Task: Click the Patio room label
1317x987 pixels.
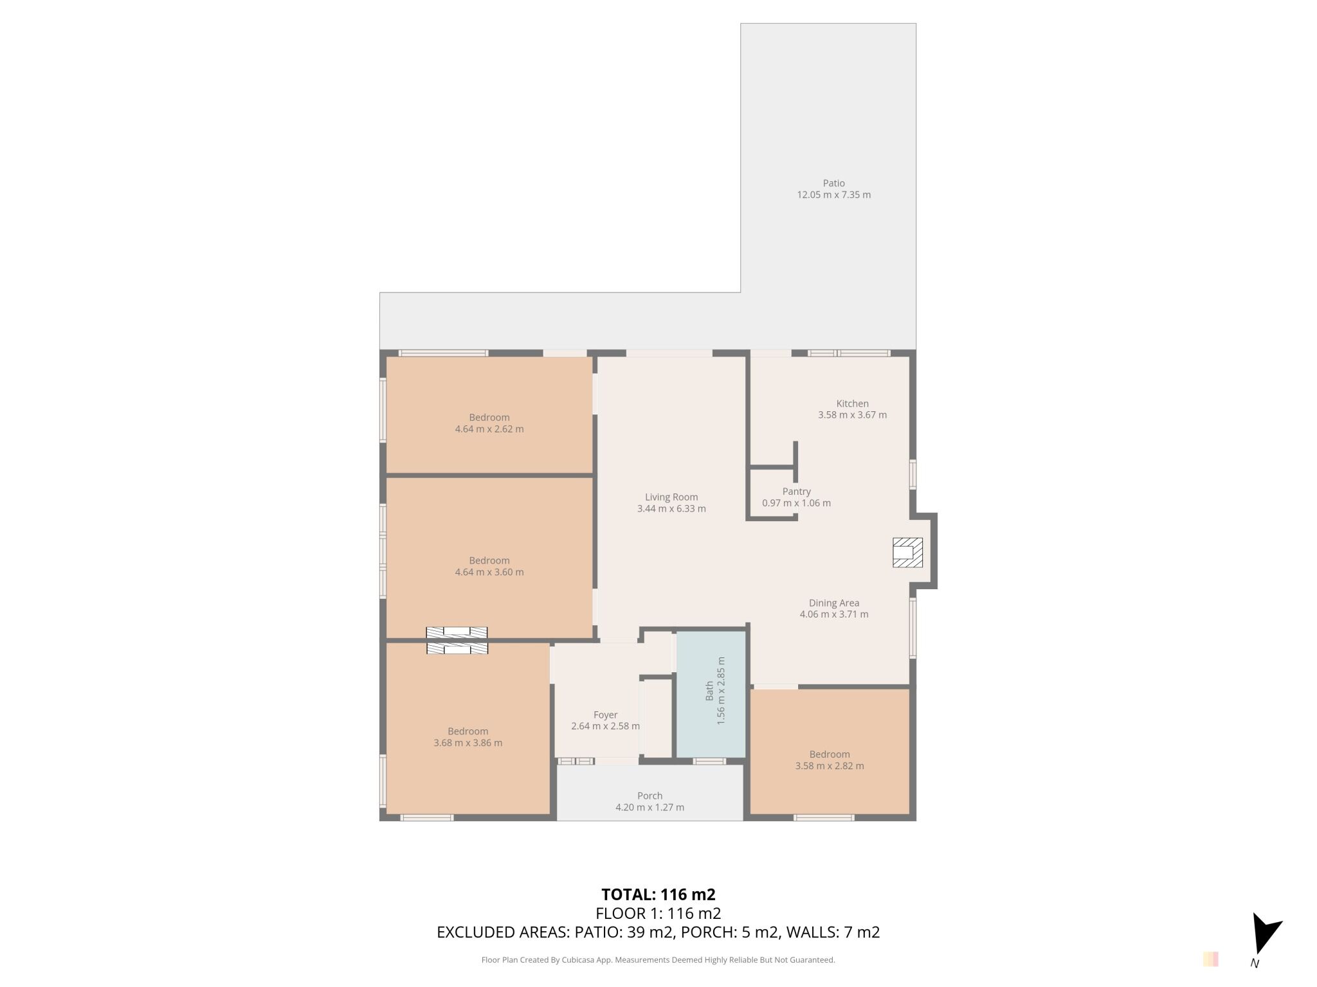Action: coord(833,183)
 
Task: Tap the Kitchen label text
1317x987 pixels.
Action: coord(852,404)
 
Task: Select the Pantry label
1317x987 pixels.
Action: coord(796,492)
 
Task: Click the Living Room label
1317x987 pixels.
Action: coord(671,497)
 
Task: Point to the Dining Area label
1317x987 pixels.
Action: coord(833,603)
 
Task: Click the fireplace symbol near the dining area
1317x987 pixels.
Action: coord(907,553)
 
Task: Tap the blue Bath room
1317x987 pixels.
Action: coord(711,695)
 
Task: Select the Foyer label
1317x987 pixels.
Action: coord(605,715)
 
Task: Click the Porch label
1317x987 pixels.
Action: coord(649,796)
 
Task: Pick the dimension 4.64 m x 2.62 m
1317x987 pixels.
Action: coord(489,429)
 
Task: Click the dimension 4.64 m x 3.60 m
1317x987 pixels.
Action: coord(489,572)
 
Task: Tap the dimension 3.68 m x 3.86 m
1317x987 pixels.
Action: coord(468,743)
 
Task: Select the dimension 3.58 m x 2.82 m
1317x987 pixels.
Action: coord(830,766)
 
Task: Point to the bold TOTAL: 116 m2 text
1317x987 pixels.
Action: coord(658,894)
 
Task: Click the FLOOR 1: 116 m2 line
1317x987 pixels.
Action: coord(658,913)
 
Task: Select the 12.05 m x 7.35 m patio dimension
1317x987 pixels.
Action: coord(833,195)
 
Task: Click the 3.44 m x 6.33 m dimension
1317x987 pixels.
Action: coord(671,508)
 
